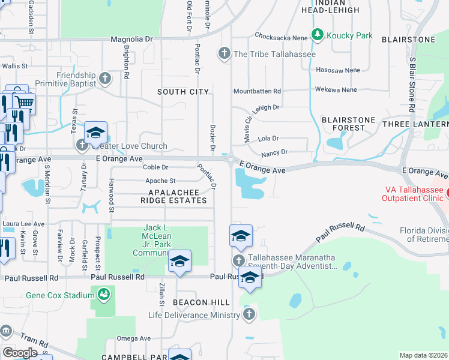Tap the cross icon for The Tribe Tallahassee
click(224, 53)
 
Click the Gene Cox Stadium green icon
click(104, 294)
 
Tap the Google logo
click(20, 353)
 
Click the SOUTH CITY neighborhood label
click(183, 92)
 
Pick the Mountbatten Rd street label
click(257, 91)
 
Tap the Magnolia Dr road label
click(132, 39)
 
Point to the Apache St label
click(160, 181)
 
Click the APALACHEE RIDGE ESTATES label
click(173, 196)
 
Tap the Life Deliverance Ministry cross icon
click(249, 314)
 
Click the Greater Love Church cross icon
click(82, 145)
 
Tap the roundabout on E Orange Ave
click(231, 159)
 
